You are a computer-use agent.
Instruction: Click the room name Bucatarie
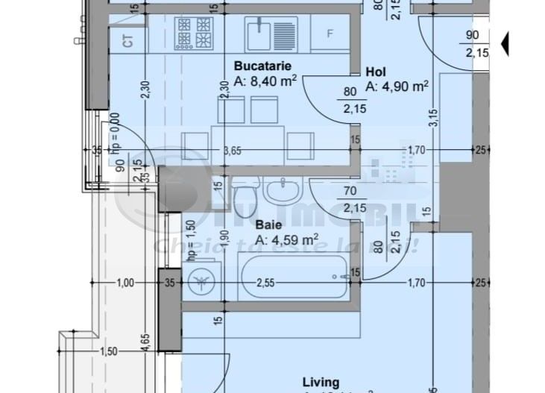(260, 65)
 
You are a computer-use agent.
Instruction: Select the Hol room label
(375, 72)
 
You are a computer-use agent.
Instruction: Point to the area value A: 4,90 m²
(397, 87)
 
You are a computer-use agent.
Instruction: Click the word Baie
(268, 224)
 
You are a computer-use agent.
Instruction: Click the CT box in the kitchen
(128, 40)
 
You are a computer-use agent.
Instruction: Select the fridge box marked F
(330, 34)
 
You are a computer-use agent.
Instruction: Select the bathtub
(293, 278)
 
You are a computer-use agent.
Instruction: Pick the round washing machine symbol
(200, 281)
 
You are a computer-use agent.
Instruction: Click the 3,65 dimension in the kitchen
(233, 150)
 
